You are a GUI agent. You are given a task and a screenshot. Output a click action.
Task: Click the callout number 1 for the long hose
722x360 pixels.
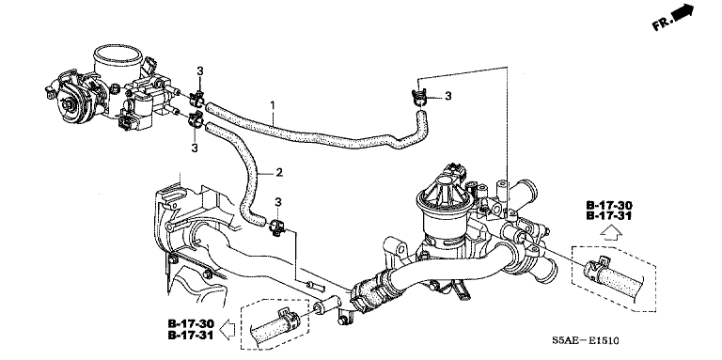(x=272, y=105)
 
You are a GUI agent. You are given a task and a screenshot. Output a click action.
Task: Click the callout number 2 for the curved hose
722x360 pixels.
(x=279, y=173)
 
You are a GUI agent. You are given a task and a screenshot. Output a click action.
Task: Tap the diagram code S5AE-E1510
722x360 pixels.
(x=586, y=341)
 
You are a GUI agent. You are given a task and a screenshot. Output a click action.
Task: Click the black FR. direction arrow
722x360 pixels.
(x=683, y=11)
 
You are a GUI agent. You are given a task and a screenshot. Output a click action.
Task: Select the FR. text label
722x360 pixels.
(x=662, y=23)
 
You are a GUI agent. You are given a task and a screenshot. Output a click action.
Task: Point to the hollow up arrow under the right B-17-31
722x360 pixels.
(x=611, y=233)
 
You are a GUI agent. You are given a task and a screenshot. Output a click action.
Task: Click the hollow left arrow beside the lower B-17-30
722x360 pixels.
(x=228, y=330)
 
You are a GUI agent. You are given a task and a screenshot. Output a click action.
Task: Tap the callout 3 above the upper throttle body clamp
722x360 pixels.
(x=200, y=71)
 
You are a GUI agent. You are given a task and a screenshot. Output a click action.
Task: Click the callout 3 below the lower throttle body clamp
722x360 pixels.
(x=195, y=148)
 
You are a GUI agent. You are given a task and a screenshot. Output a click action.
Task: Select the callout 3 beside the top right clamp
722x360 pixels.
(x=447, y=96)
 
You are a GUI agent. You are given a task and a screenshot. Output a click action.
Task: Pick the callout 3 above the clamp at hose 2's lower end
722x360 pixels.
(x=277, y=202)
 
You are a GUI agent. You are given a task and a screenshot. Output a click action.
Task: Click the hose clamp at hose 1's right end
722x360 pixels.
(x=419, y=97)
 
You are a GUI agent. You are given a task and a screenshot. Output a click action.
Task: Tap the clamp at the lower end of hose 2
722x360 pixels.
(x=276, y=227)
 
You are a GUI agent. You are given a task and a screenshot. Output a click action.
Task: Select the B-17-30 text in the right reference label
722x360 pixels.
(x=609, y=205)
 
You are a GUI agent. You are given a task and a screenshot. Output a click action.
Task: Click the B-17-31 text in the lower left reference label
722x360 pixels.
(x=191, y=336)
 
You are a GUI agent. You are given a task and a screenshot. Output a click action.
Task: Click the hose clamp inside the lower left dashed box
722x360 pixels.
(x=288, y=318)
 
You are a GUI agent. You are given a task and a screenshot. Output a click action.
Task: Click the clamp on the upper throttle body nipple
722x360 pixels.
(x=197, y=97)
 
